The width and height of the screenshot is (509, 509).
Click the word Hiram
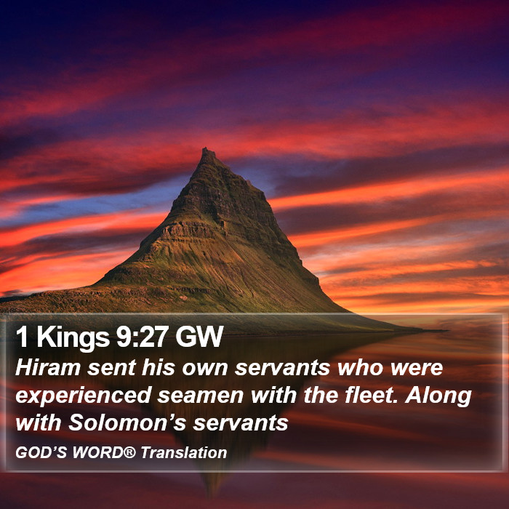point(48,367)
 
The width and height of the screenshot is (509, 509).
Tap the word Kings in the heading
point(73,337)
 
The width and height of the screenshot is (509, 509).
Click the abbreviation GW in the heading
point(199,337)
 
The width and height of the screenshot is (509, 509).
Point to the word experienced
point(84,396)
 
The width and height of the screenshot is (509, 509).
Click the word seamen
point(201,396)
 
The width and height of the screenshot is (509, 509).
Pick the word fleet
point(372,395)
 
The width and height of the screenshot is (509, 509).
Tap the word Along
point(438,396)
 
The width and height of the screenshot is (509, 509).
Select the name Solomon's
point(127,422)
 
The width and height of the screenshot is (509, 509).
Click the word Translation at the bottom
point(184,452)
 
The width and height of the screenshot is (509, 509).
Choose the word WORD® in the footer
point(104,452)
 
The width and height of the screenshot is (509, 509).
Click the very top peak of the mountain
point(205,148)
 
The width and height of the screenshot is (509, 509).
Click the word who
point(361,367)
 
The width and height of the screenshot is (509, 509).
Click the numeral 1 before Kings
point(22,337)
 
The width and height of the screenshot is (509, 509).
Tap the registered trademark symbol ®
point(129,452)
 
